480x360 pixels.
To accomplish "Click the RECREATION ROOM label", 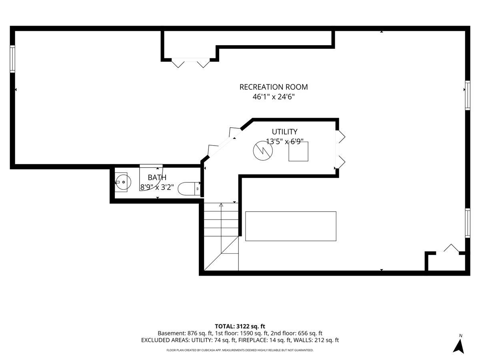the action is tap(273, 87).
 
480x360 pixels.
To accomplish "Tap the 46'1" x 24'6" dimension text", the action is tap(274, 97).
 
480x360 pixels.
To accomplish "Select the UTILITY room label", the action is tap(284, 132).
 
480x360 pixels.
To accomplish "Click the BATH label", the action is tap(157, 177).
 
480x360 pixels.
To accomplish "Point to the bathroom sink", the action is tap(123, 182).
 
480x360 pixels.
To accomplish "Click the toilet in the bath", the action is tap(189, 188).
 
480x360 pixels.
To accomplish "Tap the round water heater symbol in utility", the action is tap(263, 151).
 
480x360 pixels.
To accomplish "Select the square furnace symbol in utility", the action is tap(298, 152).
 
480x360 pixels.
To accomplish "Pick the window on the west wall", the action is tap(12, 59).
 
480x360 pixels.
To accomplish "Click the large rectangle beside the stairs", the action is tap(291, 226).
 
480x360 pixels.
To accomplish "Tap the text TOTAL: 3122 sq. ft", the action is tap(240, 326).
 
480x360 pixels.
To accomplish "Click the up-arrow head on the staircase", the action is tap(221, 205).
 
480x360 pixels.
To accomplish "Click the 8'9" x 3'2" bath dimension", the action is tap(157, 187).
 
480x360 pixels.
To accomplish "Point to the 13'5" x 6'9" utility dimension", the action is tap(284, 142).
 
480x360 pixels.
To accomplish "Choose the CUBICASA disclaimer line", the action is tap(240, 350).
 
